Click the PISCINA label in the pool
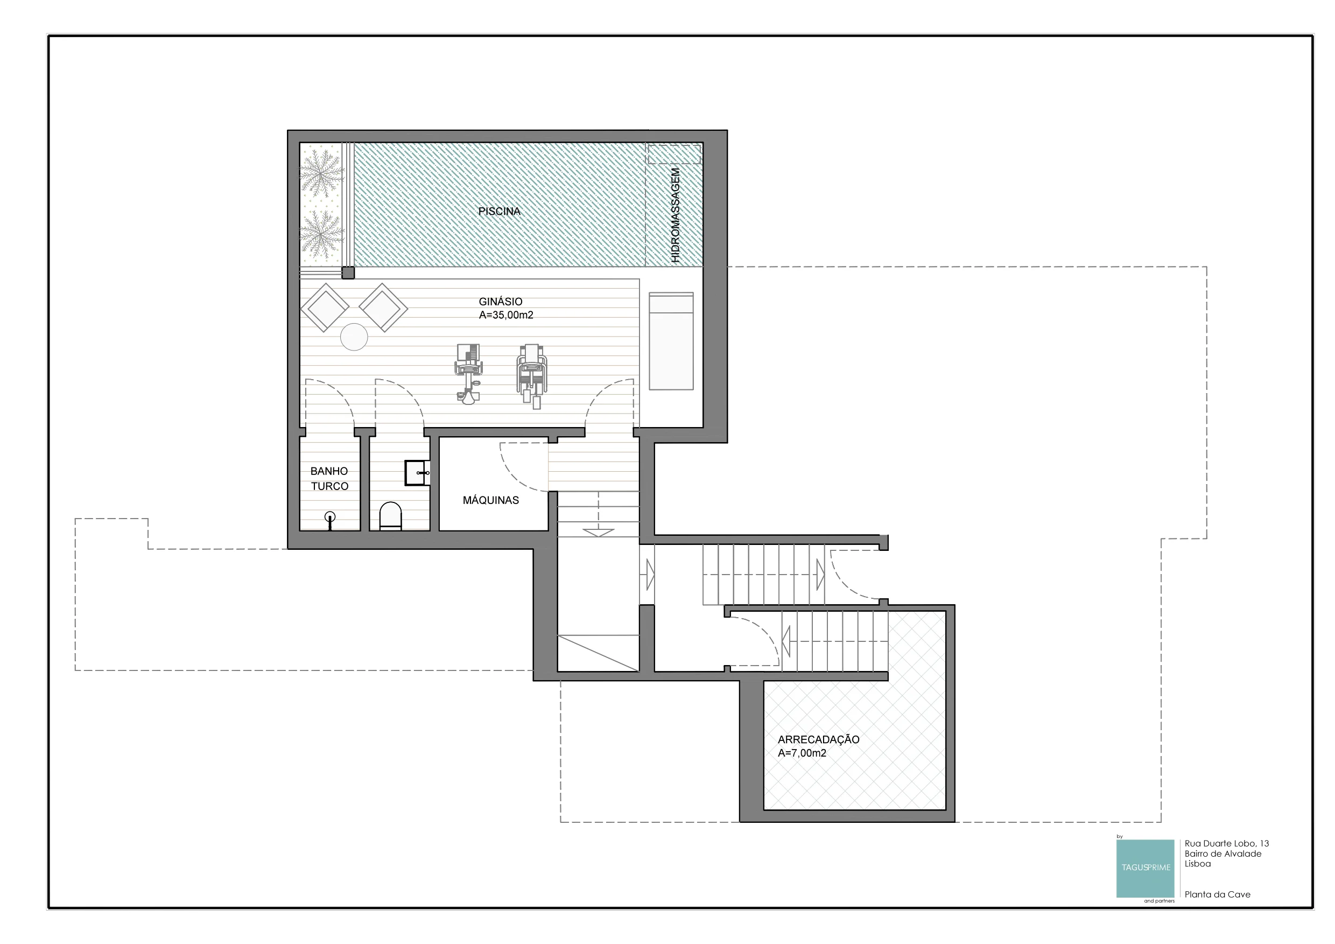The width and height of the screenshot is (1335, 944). click(x=499, y=212)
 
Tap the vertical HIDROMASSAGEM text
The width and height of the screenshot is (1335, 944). click(x=675, y=215)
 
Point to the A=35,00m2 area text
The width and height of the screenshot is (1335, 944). click(x=506, y=315)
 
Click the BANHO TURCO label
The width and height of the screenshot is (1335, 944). click(x=329, y=479)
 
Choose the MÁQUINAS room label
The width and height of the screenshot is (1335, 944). click(x=491, y=500)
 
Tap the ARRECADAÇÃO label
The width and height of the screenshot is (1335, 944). click(x=819, y=740)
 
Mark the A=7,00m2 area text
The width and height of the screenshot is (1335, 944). click(x=802, y=753)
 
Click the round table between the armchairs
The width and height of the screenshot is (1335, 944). click(x=354, y=337)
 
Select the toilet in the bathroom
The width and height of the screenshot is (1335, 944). click(x=390, y=516)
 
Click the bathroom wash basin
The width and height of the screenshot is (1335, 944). click(x=417, y=473)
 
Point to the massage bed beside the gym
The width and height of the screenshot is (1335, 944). click(x=671, y=341)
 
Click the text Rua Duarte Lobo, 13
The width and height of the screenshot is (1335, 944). click(x=1227, y=843)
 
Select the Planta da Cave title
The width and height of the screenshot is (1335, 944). click(x=1217, y=894)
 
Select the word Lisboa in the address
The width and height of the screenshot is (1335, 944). click(x=1198, y=864)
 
